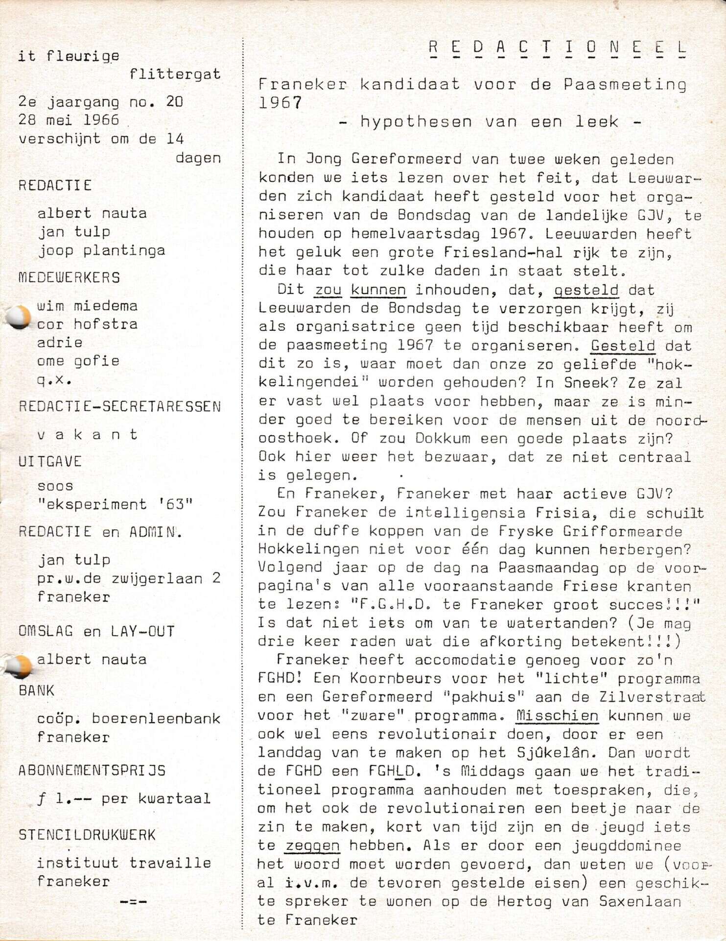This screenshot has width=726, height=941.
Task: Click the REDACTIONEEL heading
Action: coord(558,48)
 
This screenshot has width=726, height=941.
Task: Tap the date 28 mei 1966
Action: coord(69,120)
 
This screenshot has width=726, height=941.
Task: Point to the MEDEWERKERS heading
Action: coord(69,277)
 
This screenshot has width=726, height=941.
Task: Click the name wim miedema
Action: coord(87,306)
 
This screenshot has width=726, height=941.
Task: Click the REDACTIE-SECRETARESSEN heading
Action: coord(120,406)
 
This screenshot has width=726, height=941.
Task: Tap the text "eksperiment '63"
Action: coord(115,504)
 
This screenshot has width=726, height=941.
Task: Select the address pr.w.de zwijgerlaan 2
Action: coord(129,578)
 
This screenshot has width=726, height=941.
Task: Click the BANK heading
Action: coord(36,691)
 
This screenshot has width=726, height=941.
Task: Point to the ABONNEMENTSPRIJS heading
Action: coord(92,770)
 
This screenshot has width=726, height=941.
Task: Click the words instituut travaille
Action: coord(124,863)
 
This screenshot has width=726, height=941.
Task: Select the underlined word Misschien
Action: coord(557,716)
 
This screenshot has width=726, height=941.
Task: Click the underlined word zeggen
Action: coord(312,846)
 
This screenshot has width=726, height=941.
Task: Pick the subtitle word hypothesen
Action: coord(416,122)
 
